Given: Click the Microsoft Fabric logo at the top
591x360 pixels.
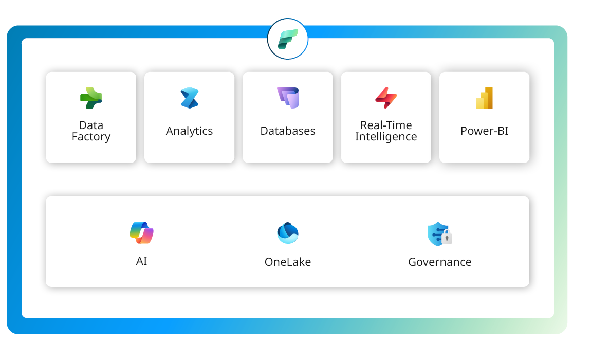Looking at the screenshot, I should coord(288,39).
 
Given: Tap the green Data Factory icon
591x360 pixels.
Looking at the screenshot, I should coord(91,98).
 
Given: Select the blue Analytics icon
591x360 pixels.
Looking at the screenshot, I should coord(189,98).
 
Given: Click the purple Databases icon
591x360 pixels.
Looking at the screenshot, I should coord(288,97).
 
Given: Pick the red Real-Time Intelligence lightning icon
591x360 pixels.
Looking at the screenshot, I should coord(385,97).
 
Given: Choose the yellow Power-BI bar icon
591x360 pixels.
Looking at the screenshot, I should coord(485,98).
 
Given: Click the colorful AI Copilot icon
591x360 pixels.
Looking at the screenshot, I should coord(142,232).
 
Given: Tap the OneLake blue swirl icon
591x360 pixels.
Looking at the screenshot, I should coord(288,233).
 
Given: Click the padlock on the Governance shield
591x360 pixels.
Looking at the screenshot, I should coord(447,238).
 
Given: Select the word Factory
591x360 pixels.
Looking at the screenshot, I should coord(91,137).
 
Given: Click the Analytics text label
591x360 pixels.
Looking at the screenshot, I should coord(189,131).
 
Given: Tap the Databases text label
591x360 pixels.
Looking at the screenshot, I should coord(288,131).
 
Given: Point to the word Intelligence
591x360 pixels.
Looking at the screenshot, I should coord(386,137).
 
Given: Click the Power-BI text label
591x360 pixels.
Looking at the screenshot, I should coord(485,131).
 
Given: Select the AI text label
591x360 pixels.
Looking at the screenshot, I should coord(142,261).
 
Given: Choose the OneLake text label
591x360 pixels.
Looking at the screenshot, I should coord(288,262).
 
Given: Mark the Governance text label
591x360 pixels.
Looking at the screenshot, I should coord(439,262).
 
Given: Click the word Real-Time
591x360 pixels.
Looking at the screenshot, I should coord(386,125).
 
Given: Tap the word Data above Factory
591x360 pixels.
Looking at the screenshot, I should coord(91,125).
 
